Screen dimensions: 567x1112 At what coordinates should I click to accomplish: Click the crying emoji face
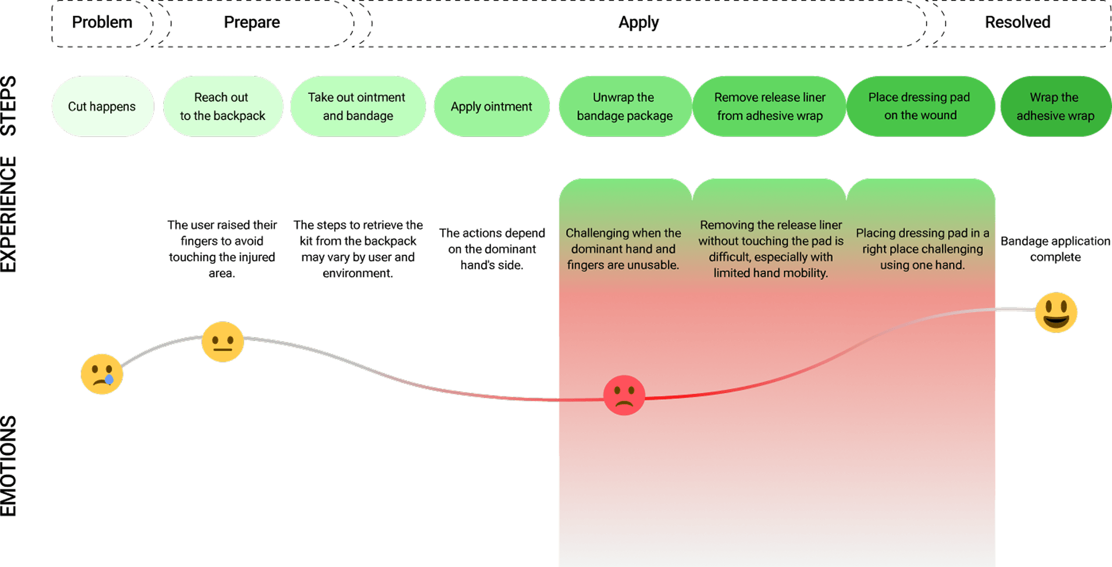pyautogui.click(x=102, y=374)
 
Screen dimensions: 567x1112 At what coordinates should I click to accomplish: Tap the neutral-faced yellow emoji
pyautogui.click(x=222, y=342)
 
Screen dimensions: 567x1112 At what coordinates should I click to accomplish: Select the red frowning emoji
pyautogui.click(x=624, y=395)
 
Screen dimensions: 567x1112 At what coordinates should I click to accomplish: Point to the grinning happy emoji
pyautogui.click(x=1056, y=312)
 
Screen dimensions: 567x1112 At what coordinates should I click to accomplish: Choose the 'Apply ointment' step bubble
pyautogui.click(x=491, y=107)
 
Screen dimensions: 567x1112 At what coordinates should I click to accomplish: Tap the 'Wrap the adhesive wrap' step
pyautogui.click(x=1055, y=107)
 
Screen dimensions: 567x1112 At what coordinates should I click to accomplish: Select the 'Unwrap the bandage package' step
pyautogui.click(x=625, y=107)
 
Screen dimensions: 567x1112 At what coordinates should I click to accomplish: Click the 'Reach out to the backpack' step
pyautogui.click(x=222, y=107)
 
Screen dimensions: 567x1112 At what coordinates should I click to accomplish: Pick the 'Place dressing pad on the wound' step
pyautogui.click(x=920, y=107)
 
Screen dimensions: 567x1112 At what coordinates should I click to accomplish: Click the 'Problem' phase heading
pyautogui.click(x=102, y=23)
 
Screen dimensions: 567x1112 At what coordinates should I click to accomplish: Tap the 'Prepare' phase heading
pyautogui.click(x=252, y=23)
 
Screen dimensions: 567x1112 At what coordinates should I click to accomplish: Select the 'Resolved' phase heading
pyautogui.click(x=1017, y=23)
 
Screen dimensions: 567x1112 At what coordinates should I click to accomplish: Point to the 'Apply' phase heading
pyautogui.click(x=638, y=23)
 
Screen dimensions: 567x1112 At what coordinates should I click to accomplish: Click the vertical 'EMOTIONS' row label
pyautogui.click(x=9, y=466)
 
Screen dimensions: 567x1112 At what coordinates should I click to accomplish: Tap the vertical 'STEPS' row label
pyautogui.click(x=9, y=106)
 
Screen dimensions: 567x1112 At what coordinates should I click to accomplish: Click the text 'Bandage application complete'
pyautogui.click(x=1055, y=249)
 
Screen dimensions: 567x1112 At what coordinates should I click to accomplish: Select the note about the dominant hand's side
pyautogui.click(x=492, y=249)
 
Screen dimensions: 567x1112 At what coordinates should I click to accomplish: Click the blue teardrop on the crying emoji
pyautogui.click(x=109, y=380)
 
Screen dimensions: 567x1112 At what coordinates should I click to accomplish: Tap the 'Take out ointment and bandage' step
pyautogui.click(x=358, y=107)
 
